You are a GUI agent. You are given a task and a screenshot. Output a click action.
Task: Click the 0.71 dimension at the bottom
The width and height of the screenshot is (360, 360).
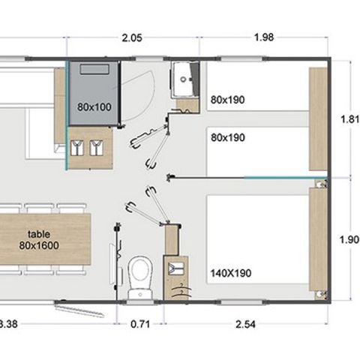coord(140,324)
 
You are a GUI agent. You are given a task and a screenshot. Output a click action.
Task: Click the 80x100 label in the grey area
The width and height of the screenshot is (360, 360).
coord(94,106)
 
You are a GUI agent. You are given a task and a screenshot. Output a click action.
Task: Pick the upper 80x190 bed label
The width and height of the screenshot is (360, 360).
coord(227,99)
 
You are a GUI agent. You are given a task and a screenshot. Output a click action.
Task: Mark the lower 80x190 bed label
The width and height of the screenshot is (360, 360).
coord(227,137)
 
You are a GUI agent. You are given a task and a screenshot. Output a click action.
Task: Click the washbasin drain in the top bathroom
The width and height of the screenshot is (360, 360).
coord(184,77)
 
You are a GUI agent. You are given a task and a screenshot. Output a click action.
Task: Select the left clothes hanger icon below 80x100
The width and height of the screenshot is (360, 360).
coord(77,148)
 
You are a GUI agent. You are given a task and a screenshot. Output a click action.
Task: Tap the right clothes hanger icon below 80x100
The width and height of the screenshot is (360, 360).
coord(95,148)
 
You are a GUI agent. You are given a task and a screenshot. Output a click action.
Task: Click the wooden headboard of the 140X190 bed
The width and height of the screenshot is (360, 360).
coord(318,241)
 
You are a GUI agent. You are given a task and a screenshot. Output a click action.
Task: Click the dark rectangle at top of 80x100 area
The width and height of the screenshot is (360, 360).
coord(94,70)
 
